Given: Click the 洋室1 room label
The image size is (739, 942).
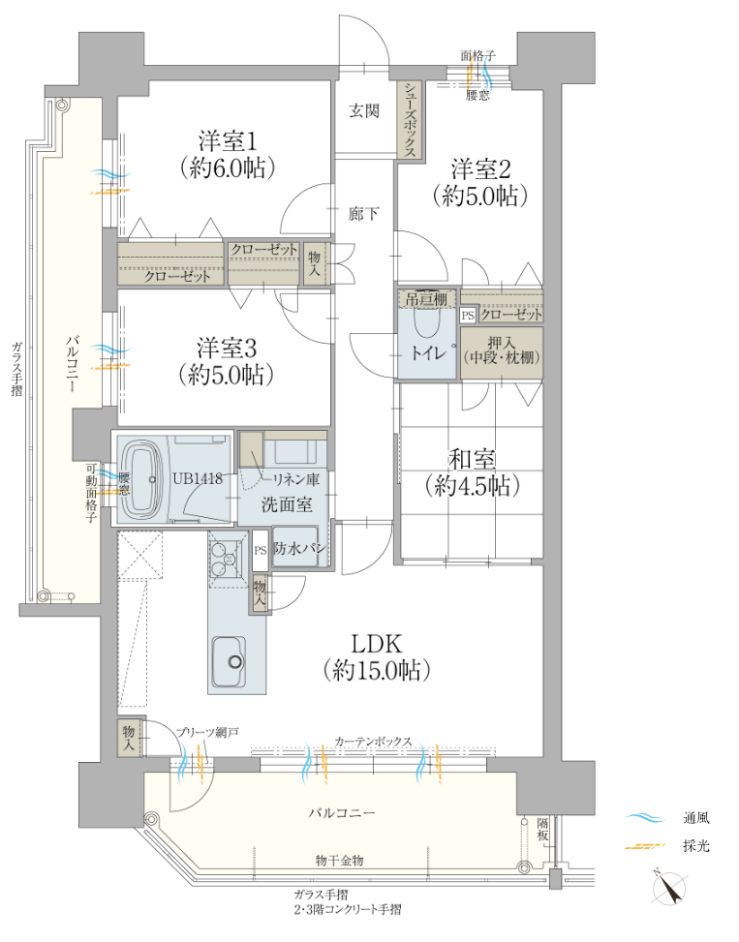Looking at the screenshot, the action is coord(228,142).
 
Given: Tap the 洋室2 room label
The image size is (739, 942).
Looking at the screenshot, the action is coord(480,169).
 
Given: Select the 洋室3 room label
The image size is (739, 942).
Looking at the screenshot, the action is coord(227,348).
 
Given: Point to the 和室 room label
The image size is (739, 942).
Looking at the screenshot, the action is coord(473,460).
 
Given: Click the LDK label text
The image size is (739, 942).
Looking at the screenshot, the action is coord(376,644).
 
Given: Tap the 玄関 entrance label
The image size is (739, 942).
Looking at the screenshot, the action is coord(365,111).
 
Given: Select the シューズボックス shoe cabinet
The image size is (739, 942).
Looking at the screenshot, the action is coord(411,119).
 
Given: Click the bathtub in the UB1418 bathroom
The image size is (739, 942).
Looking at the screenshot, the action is coord(144,480).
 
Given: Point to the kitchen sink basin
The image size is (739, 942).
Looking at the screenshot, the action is coord(229,661).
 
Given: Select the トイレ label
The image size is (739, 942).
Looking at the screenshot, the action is coord(428,353).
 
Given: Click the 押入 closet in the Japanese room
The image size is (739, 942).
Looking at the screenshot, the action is coord(502,352).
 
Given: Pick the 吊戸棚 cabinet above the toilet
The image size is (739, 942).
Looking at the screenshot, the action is coord(427,298).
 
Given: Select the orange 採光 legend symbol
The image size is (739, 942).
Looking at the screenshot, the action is coord(645,846).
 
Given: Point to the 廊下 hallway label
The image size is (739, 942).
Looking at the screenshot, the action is coord(364,213).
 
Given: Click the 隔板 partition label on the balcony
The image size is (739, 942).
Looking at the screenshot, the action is coord(542,830).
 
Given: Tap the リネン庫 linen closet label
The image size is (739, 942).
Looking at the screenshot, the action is coord(296,479).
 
